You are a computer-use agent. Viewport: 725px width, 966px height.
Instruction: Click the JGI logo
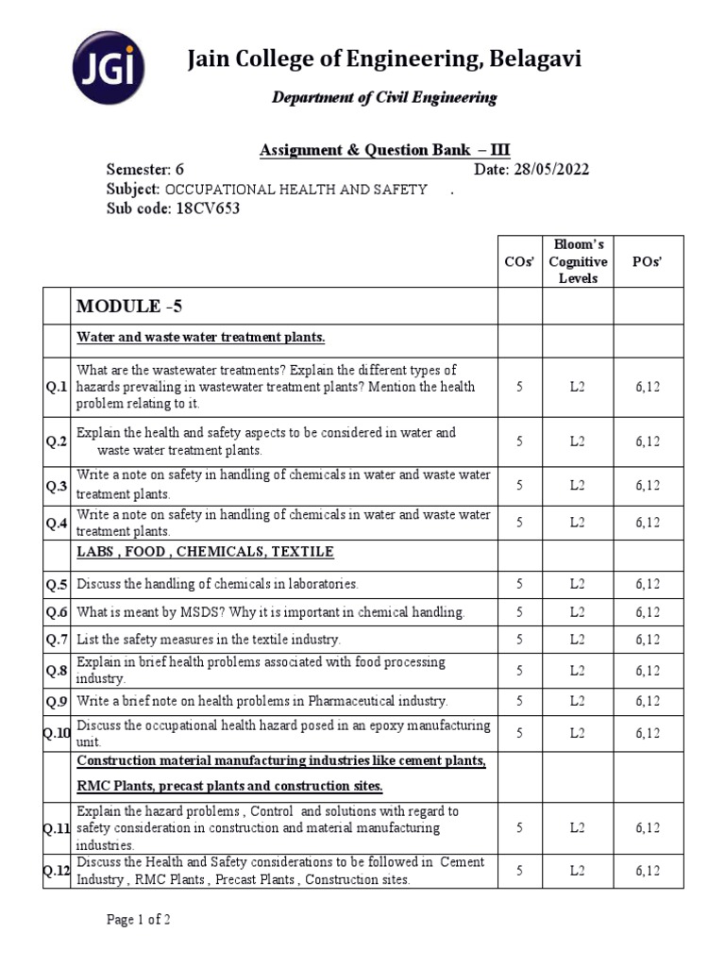click(109, 70)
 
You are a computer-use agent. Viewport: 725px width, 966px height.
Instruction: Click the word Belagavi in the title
click(533, 60)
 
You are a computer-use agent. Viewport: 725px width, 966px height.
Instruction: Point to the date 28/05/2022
click(551, 170)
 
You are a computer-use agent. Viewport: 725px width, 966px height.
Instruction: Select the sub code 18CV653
click(207, 208)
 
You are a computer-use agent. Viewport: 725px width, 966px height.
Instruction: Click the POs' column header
click(648, 263)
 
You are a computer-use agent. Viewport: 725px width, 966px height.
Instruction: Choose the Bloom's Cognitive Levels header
click(578, 263)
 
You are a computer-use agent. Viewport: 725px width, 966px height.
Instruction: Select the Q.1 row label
click(57, 387)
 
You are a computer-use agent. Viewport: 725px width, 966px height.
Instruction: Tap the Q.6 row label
click(57, 612)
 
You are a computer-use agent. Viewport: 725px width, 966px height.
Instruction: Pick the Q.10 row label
click(57, 733)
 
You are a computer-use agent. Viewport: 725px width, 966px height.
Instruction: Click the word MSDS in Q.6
click(194, 612)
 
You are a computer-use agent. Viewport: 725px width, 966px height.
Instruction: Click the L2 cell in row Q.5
click(578, 584)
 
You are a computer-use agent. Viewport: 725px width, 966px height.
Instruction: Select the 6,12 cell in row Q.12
click(648, 871)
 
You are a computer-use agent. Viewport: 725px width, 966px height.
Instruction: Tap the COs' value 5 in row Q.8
click(519, 671)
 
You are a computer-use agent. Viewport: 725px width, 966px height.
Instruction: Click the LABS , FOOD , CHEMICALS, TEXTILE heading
click(205, 552)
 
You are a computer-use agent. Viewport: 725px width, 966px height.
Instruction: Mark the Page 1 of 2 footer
click(138, 920)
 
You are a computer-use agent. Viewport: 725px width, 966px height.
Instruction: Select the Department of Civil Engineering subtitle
click(384, 98)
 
